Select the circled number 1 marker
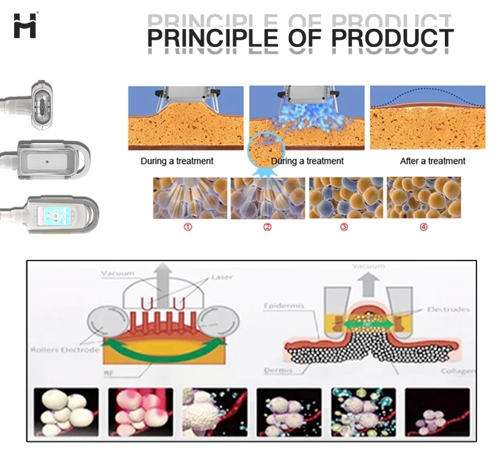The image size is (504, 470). [x=188, y=227]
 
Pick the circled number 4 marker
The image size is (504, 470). [x=423, y=227]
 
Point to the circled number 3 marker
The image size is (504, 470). [x=344, y=227]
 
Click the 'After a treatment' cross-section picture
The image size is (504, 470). [x=427, y=117]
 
